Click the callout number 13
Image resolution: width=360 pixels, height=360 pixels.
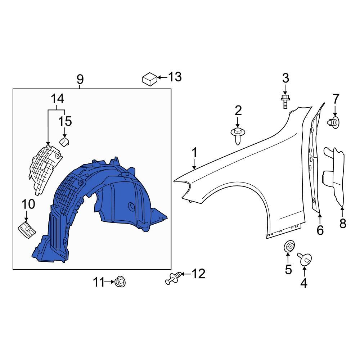coord(175,77)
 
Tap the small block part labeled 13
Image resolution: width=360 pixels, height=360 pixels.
coord(150,78)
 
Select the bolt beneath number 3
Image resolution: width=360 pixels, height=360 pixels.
coord(285,101)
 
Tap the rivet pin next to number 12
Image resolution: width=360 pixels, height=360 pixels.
coord(172,278)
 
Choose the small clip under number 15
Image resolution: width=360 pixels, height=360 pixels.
coord(64,141)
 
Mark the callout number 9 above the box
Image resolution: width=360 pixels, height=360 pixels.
coord(80,79)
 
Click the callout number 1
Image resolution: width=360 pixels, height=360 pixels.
coord(194,153)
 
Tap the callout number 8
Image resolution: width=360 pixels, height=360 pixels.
coord(342,224)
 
